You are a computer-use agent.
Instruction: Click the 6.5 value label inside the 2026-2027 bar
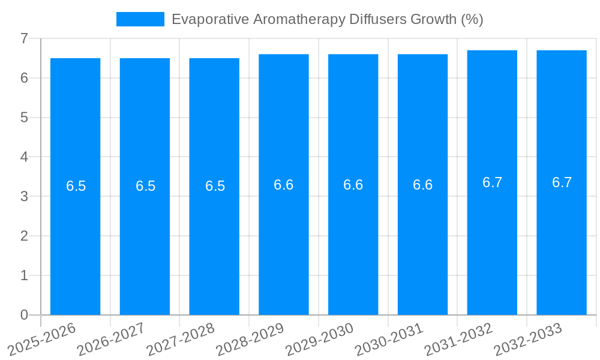point(145,186)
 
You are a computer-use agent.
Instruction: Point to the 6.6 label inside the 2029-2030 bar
point(353,185)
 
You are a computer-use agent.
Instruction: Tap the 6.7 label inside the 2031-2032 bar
point(492,182)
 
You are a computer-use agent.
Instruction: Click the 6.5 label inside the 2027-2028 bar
point(215,186)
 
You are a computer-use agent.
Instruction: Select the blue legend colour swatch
point(140,19)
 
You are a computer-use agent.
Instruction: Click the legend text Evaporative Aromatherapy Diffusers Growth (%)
point(327,19)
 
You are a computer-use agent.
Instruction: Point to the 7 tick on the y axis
point(24,38)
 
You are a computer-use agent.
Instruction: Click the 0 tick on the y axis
point(24,315)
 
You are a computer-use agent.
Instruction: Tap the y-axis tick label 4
point(24,157)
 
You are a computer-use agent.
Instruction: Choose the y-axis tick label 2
point(24,236)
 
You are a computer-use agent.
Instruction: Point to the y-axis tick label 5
point(24,118)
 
